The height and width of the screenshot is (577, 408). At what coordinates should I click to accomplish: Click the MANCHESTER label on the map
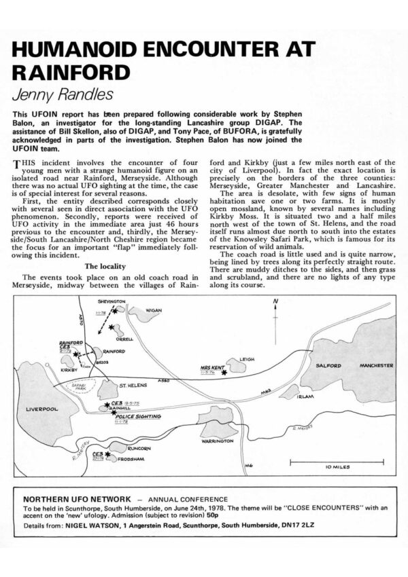(x=376, y=365)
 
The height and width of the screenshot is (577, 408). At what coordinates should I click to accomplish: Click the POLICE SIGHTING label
(x=139, y=415)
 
